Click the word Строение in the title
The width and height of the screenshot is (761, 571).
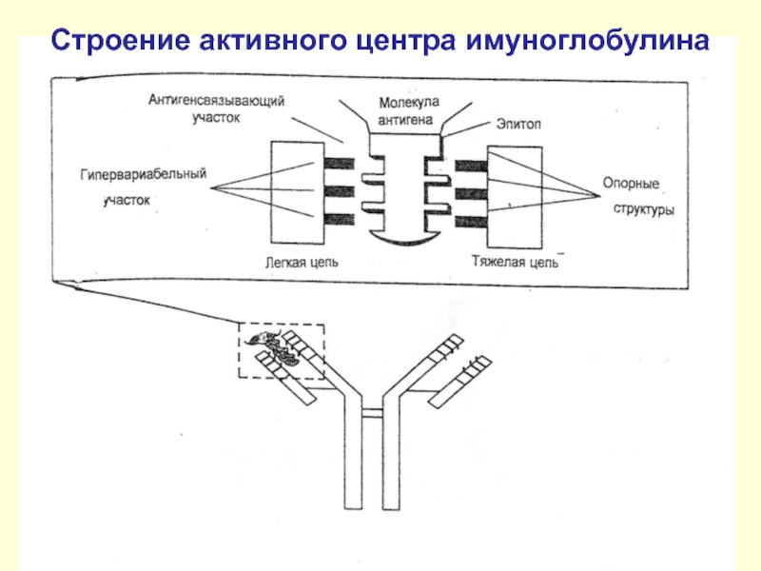121,41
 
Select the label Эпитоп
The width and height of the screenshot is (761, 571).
518,125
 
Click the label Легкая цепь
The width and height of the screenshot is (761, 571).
302,263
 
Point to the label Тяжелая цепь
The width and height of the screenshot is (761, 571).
516,263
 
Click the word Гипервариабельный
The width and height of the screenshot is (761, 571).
144,174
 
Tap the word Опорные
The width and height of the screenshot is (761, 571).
631,184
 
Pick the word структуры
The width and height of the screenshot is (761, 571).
644,209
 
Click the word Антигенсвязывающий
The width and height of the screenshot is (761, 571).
217,101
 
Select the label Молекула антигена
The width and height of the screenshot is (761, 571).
406,111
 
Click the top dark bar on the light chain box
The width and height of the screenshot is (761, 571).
340,164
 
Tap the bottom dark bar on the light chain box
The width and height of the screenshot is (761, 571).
340,220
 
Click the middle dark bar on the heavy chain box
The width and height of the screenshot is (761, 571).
471,194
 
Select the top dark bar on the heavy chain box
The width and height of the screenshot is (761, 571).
471,166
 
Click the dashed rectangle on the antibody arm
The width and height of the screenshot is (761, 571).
239,350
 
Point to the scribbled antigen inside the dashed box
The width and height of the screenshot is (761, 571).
275,347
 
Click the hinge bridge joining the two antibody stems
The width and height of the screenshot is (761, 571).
372,413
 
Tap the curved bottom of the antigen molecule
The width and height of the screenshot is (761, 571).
405,239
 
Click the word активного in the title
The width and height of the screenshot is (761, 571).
273,41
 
